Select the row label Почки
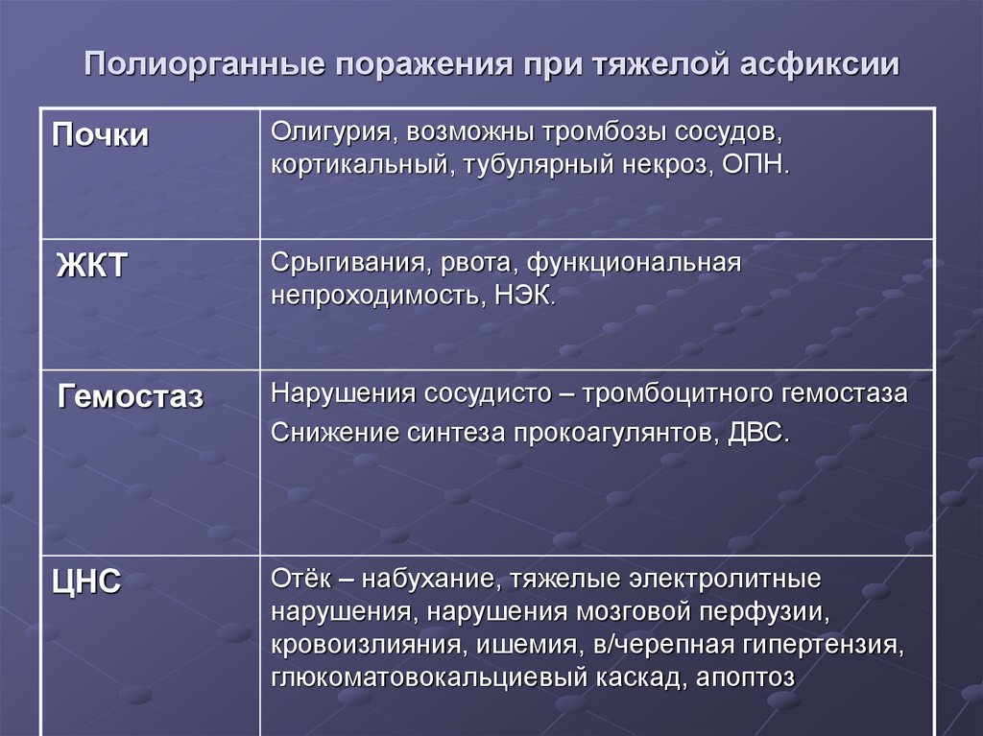point(101,135)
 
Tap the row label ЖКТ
point(91,266)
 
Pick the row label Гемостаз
point(131,395)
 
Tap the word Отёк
point(300,579)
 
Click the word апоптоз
point(739,677)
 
